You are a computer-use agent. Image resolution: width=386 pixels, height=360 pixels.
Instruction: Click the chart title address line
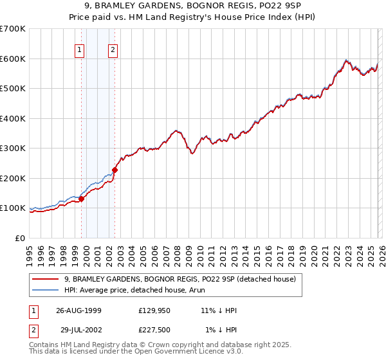(193, 6)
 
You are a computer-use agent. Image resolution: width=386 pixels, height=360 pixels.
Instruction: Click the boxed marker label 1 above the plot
(79, 50)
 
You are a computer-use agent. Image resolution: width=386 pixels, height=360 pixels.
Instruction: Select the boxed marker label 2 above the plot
(113, 50)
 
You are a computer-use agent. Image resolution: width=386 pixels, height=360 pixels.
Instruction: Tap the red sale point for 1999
(82, 199)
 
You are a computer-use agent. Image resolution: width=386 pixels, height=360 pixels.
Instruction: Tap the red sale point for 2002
(115, 170)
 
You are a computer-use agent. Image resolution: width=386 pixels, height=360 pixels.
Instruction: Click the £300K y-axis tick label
(13, 148)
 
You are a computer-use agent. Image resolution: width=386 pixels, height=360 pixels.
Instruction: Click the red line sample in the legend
(46, 279)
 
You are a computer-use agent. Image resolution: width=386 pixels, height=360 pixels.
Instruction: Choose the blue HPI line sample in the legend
(46, 290)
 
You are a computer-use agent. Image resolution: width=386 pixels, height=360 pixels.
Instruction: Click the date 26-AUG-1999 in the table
(79, 310)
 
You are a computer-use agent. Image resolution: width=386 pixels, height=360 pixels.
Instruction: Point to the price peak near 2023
(346, 60)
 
